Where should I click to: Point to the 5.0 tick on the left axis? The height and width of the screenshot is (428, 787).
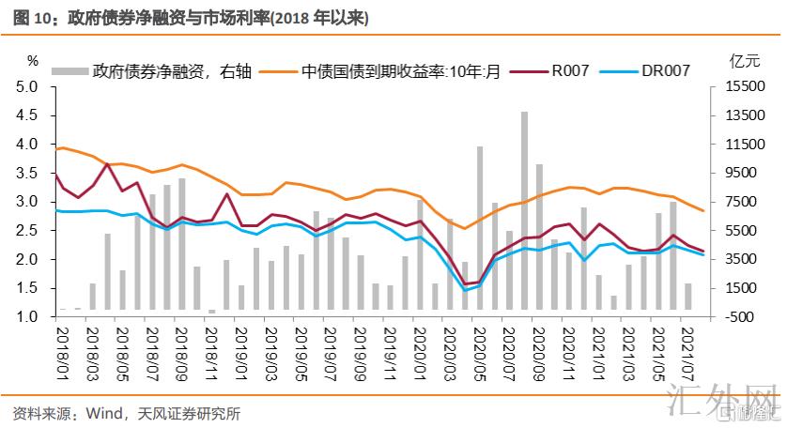pos(27,87)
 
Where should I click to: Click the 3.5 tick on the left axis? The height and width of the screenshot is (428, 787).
pos(27,174)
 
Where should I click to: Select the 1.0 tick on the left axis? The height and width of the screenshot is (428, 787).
pos(27,317)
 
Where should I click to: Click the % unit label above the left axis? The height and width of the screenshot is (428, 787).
pos(33,61)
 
